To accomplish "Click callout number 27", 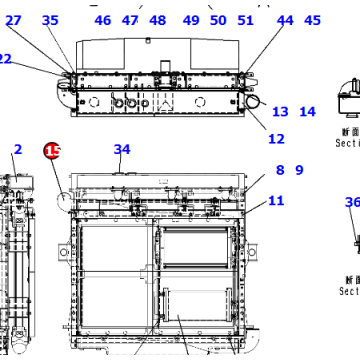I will tap(13, 20).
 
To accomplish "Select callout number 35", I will tap(50, 20).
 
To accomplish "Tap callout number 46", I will tap(103, 20).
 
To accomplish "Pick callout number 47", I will tap(131, 20).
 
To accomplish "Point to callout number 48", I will tap(158, 20).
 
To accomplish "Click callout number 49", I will tap(192, 20).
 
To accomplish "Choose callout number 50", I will tap(218, 20).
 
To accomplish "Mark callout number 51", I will tap(246, 20).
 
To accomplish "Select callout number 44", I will tap(285, 20).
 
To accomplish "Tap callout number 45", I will tap(313, 20).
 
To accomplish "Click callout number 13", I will tap(280, 112).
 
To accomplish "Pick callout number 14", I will tap(307, 112).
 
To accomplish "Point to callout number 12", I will tap(276, 139).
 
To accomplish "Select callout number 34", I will tap(122, 150).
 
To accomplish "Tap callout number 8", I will tap(280, 170).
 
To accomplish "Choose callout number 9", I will tap(298, 170).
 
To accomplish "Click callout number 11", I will tap(276, 201).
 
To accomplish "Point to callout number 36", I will tap(352, 203).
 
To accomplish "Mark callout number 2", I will tap(17, 150).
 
